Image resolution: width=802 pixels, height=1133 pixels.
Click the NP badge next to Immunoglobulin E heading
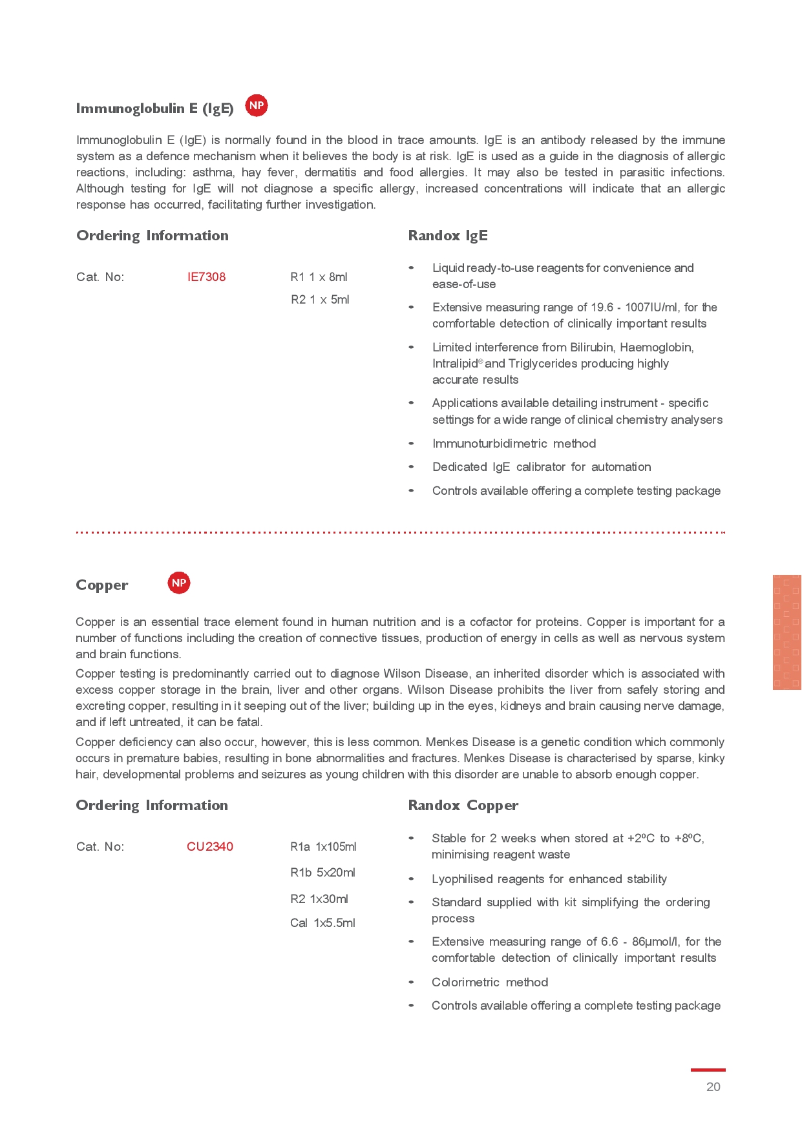click(257, 105)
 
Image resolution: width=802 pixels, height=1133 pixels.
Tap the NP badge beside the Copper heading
click(179, 583)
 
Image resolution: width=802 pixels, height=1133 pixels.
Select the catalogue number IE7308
click(206, 277)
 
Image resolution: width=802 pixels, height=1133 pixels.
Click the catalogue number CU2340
click(209, 847)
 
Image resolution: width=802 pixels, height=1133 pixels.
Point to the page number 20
click(713, 1087)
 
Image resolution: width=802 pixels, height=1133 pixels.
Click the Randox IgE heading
click(448, 236)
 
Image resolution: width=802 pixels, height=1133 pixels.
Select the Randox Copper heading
click(463, 806)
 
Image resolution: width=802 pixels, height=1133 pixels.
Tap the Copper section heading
click(102, 585)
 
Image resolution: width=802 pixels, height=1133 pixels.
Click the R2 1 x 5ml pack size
click(320, 300)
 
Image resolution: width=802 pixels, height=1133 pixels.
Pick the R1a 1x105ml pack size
click(323, 847)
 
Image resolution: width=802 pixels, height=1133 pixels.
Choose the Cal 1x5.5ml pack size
click(322, 923)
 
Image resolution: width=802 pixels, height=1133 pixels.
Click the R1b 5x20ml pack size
click(322, 873)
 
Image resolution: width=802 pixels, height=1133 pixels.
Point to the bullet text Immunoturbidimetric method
click(514, 444)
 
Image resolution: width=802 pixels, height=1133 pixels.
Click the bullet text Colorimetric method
click(490, 982)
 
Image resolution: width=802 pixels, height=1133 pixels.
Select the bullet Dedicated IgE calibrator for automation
click(542, 467)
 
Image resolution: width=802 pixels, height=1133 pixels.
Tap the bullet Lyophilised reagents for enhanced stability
click(549, 879)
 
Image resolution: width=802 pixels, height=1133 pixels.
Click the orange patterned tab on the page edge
click(786, 632)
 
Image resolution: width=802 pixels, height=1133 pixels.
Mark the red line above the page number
click(708, 1070)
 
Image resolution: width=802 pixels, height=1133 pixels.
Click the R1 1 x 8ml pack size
click(319, 277)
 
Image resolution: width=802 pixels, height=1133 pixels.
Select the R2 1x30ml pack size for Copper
click(319, 899)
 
